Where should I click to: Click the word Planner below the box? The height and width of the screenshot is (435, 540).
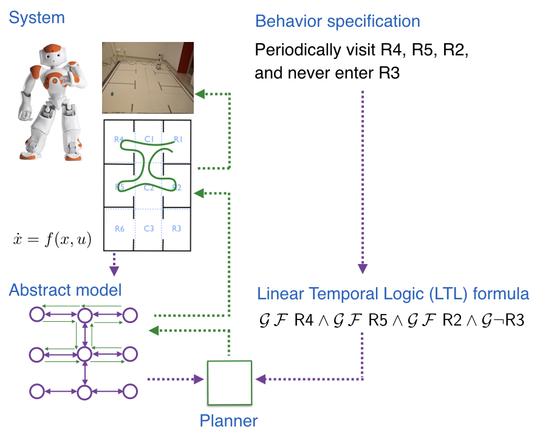click(229, 420)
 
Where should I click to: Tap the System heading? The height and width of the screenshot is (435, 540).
click(36, 18)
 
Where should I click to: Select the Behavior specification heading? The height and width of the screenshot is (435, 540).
click(338, 21)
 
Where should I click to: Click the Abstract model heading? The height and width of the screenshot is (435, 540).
click(65, 290)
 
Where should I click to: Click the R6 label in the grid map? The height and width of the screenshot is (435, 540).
click(119, 229)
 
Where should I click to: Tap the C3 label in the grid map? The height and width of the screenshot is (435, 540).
click(148, 229)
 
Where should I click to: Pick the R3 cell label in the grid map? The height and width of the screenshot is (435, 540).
click(177, 229)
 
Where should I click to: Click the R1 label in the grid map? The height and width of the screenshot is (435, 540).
click(178, 139)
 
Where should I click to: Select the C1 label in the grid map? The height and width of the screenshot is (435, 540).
click(148, 139)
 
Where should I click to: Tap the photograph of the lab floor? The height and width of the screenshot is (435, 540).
click(148, 77)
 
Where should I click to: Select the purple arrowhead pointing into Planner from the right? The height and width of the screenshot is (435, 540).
click(260, 379)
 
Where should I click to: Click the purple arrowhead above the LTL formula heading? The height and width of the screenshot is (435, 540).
click(363, 268)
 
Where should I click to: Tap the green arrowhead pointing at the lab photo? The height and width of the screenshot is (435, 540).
click(200, 94)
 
